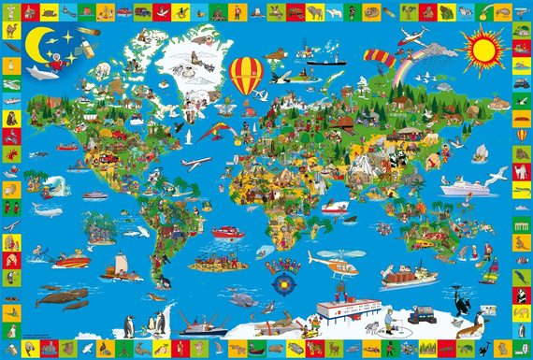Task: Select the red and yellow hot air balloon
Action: [246, 75]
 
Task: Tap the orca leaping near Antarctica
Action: [458, 301]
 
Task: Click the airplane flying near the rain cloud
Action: [411, 37]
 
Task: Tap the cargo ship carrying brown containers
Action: [408, 276]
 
